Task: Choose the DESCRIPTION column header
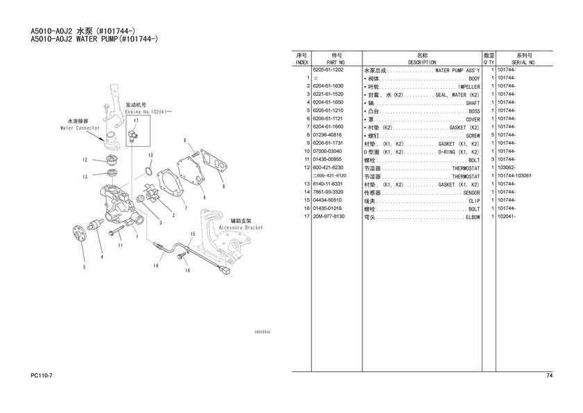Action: [422, 62]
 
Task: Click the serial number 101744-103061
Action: [514, 176]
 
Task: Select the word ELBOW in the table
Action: [472, 217]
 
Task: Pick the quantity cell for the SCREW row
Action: [491, 136]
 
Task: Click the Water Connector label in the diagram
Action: [79, 128]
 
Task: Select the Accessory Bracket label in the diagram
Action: [240, 227]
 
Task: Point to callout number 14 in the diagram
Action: [156, 266]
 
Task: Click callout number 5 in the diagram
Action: [83, 266]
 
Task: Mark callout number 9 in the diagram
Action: [223, 186]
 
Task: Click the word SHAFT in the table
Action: [472, 103]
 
